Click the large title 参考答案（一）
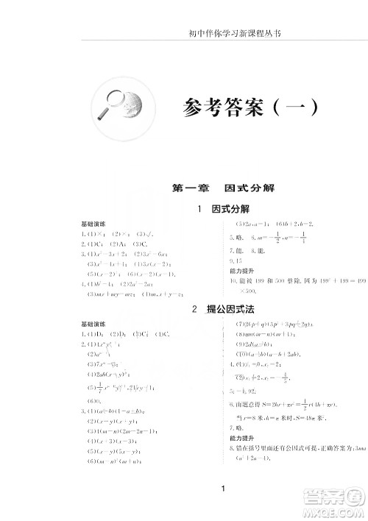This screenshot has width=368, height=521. point(250,110)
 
